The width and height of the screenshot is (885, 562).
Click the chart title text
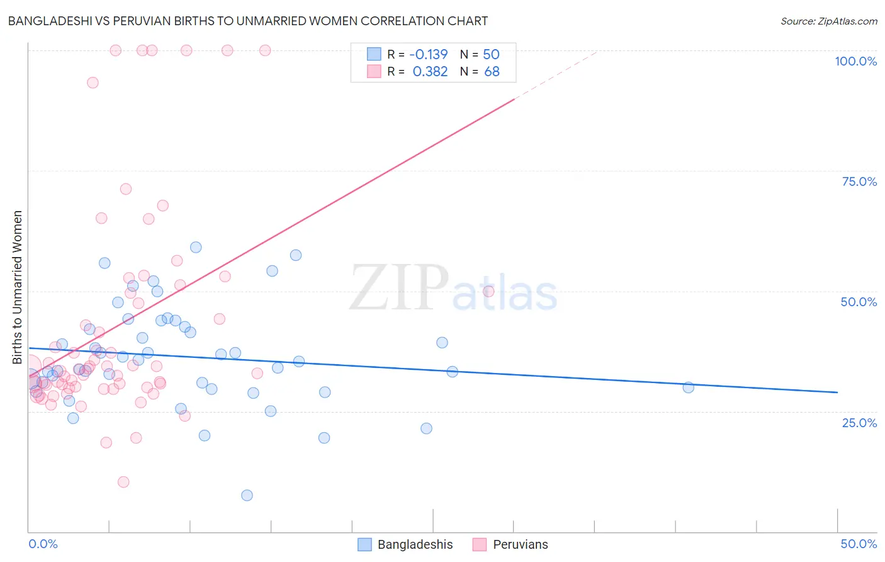[x=247, y=21]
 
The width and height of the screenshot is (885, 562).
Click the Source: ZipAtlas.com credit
[x=828, y=21]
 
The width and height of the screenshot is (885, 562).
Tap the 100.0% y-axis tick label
[x=855, y=61]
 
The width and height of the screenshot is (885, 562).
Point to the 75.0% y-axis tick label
[x=859, y=181]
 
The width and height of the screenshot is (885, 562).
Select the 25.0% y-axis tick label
[x=859, y=423]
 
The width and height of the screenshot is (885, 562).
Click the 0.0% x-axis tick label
[x=43, y=544]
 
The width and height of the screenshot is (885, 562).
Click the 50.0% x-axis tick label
[x=859, y=544]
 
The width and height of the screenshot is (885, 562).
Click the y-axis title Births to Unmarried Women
[x=17, y=287]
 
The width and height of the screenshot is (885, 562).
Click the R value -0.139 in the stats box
[x=428, y=55]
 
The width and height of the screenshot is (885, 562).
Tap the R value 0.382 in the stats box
[x=430, y=72]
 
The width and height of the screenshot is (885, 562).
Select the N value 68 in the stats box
[x=492, y=72]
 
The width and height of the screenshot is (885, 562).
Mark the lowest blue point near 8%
[x=247, y=495]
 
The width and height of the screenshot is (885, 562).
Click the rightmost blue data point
[x=688, y=387]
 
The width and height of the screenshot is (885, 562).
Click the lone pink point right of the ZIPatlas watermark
[x=488, y=291]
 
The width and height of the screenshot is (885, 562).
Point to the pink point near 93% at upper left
[x=93, y=83]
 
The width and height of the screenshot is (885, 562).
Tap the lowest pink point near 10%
[x=123, y=482]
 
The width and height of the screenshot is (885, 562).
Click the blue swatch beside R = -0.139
[x=374, y=54]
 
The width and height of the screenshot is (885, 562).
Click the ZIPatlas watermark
[x=453, y=289]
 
